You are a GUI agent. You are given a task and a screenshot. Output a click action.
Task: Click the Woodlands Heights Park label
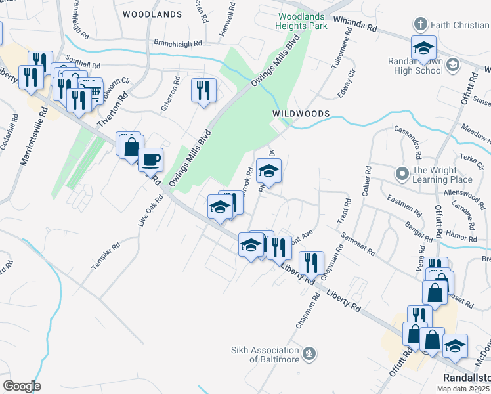(302, 21)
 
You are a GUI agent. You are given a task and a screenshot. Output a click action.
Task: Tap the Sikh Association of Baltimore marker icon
(310, 355)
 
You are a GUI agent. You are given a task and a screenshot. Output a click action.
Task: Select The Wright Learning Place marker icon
(402, 175)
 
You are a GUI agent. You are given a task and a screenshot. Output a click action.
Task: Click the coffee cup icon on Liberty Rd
(151, 159)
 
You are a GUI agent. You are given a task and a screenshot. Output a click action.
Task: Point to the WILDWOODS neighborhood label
(301, 114)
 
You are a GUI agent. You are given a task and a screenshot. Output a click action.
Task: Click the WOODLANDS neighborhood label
(152, 14)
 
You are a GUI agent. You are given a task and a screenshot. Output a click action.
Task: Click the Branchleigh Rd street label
(178, 43)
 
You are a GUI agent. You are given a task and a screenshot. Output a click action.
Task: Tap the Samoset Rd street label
(357, 243)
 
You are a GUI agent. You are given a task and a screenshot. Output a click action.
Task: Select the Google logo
(22, 386)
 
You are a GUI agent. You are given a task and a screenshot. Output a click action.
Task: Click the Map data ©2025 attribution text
(463, 388)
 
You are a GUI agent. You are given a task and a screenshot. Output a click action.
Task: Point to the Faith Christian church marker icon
(421, 25)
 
